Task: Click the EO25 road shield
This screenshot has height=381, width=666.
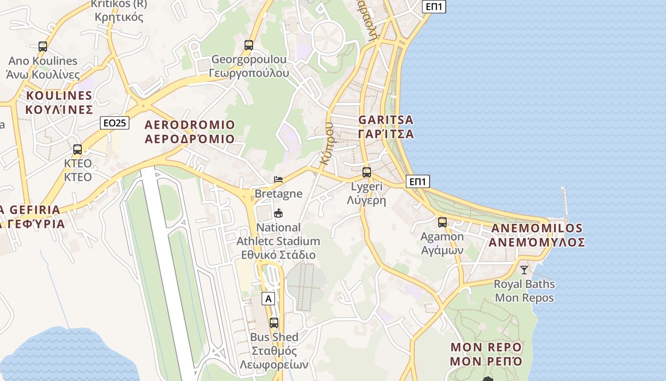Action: [x=115, y=123]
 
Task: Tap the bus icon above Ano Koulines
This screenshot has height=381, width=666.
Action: [x=43, y=47]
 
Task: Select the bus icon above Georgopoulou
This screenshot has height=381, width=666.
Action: [x=248, y=45]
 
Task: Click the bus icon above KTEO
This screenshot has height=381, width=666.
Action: [x=78, y=150]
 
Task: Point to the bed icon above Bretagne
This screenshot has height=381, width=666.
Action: [x=278, y=180]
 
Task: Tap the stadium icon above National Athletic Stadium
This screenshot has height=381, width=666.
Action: [x=278, y=213]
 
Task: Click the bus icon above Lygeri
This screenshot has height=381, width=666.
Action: [x=366, y=172]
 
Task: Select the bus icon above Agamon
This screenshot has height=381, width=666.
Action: [x=442, y=222]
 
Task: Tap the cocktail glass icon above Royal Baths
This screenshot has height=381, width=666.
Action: [x=524, y=270]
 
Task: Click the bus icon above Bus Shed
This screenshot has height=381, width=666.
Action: [x=274, y=323]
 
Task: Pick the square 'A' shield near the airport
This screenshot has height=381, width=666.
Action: [x=268, y=299]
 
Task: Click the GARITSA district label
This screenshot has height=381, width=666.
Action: [x=386, y=127]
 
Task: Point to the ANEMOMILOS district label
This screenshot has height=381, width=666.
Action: [x=538, y=235]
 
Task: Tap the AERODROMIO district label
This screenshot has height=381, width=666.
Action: [x=190, y=132]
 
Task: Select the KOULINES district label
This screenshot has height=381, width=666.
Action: [x=59, y=102]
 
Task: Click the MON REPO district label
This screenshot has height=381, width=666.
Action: [x=486, y=354]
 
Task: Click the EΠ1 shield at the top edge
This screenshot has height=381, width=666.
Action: [x=434, y=6]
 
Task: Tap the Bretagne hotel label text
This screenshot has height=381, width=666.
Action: [x=278, y=193]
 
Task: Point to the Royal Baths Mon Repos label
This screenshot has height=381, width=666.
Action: [x=524, y=291]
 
